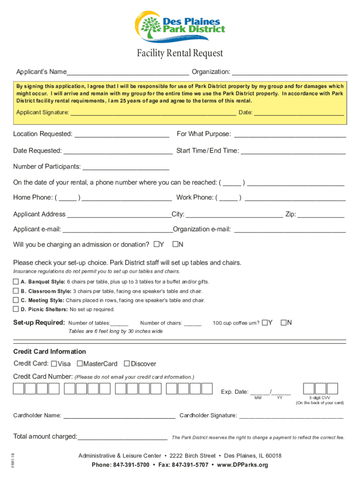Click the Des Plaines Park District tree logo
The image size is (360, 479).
point(151,26)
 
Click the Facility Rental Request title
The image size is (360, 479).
point(180,53)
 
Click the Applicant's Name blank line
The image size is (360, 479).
point(128,72)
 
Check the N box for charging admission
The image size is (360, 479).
point(176,244)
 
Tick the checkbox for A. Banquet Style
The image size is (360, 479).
point(16,282)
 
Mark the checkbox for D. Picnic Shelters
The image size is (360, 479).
point(16,309)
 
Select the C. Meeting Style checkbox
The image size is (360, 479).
point(16,300)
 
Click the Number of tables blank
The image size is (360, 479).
point(119,323)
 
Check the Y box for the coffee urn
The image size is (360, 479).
point(265,322)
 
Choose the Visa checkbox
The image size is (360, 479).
point(54,363)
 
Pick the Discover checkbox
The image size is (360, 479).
point(127,363)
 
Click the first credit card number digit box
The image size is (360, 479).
point(19,388)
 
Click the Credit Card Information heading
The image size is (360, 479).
point(50,351)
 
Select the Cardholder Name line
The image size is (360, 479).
point(119,415)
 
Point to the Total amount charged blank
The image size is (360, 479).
point(122,437)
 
